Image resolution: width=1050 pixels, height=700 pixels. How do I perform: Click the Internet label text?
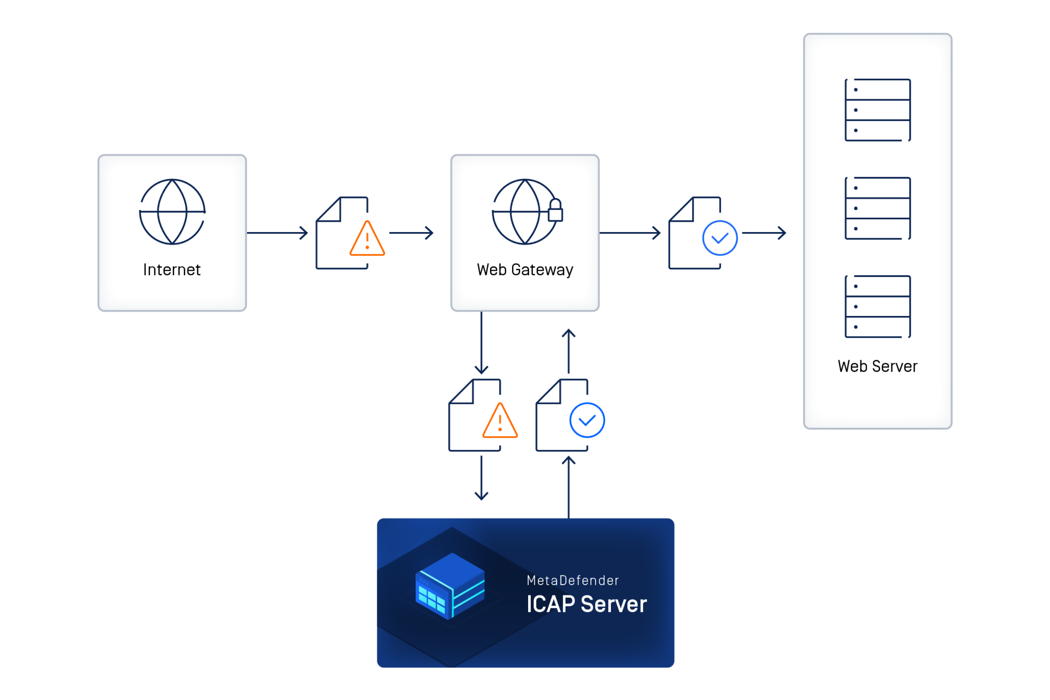pyautogui.click(x=172, y=270)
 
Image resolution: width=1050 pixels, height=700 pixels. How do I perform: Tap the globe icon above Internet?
pyautogui.click(x=172, y=212)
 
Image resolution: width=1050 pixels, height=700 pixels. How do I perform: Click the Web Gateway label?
pyautogui.click(x=525, y=270)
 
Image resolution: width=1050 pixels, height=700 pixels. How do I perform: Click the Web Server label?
pyautogui.click(x=878, y=366)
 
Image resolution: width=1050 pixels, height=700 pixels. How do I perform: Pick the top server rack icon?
pyautogui.click(x=878, y=110)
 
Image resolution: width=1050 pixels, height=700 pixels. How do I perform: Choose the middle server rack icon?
pyautogui.click(x=878, y=208)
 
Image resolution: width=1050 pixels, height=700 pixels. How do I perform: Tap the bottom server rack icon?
pyautogui.click(x=878, y=307)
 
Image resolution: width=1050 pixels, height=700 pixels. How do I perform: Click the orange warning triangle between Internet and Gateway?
pyautogui.click(x=367, y=239)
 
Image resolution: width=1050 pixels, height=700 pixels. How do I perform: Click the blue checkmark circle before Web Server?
pyautogui.click(x=720, y=238)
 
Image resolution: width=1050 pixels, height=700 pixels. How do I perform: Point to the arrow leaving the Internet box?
pyautogui.click(x=277, y=233)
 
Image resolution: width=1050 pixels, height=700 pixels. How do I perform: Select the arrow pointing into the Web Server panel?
pyautogui.click(x=764, y=233)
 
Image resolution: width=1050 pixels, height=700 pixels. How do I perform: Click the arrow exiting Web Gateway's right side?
pyautogui.click(x=630, y=233)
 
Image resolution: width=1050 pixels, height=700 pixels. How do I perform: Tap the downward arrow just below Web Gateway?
pyautogui.click(x=481, y=343)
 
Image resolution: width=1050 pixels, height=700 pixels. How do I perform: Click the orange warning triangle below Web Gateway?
pyautogui.click(x=500, y=422)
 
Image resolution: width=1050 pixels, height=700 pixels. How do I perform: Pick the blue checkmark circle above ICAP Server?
pyautogui.click(x=587, y=421)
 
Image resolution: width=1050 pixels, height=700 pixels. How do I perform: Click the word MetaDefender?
pyautogui.click(x=572, y=581)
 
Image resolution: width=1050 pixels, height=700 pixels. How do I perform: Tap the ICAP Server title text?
pyautogui.click(x=586, y=604)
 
